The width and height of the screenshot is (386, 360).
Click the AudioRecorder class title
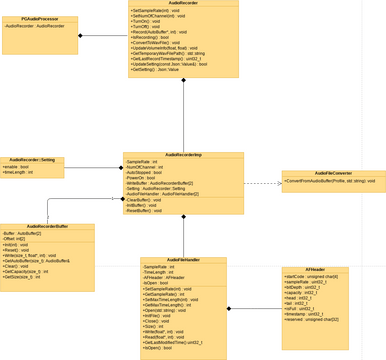click(x=183, y=3)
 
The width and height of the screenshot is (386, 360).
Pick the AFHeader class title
click(x=316, y=270)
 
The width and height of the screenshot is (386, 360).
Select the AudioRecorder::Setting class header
click(x=34, y=160)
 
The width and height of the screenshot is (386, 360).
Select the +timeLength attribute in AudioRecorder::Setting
click(x=19, y=172)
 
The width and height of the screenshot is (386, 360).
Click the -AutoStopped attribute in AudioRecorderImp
click(x=144, y=173)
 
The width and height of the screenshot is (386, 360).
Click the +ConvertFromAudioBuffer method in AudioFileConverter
click(x=330, y=182)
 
